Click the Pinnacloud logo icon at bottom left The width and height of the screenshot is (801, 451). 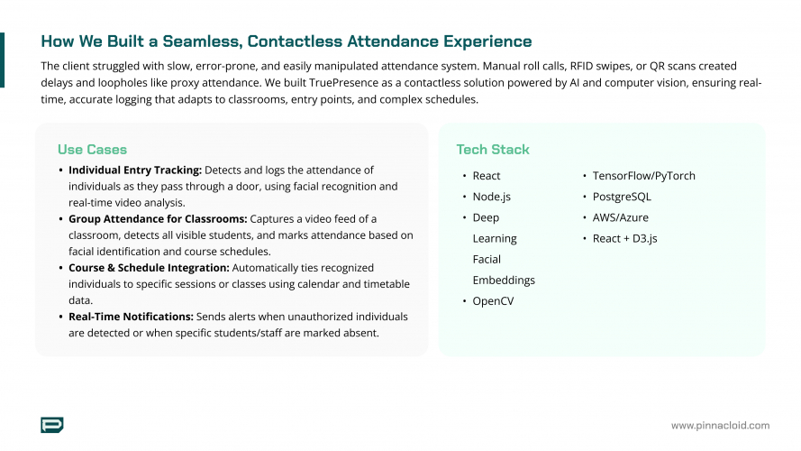[52, 425]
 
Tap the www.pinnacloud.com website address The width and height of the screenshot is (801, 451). [720, 426]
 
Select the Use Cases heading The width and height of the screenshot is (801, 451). [92, 150]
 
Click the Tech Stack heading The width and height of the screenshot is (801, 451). [493, 150]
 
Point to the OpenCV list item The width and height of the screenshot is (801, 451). [493, 301]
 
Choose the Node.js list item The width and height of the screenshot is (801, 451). [492, 197]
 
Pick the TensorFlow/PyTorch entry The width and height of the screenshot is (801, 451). [643, 176]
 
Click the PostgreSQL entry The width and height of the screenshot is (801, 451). [622, 197]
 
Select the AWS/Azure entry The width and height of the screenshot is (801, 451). [620, 217]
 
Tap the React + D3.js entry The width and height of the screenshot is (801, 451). [624, 238]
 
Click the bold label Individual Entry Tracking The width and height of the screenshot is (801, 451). [135, 170]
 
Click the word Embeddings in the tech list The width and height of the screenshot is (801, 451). [504, 280]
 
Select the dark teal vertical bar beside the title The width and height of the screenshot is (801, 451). [2, 60]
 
